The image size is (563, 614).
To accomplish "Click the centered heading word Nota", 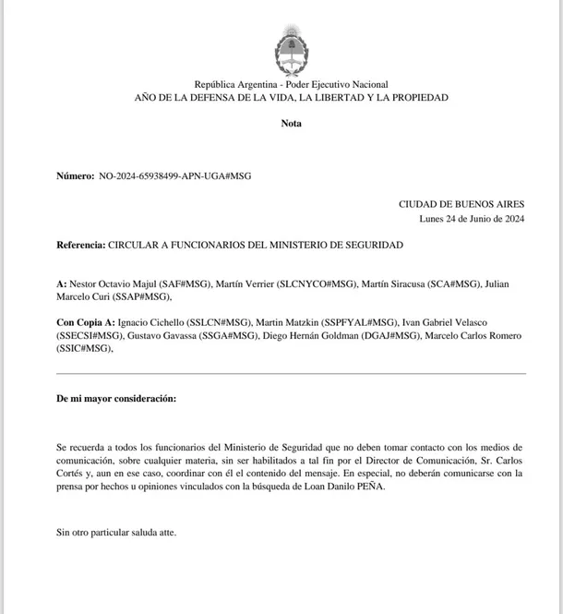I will (x=291, y=123).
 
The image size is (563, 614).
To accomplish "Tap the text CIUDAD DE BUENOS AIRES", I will (x=461, y=204).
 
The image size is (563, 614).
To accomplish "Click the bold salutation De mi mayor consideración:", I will (x=115, y=398).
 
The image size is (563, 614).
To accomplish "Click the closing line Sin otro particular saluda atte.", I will (x=115, y=532).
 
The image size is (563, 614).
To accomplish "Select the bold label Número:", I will (x=75, y=175).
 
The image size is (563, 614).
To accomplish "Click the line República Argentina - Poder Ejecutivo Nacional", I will (x=291, y=84).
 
